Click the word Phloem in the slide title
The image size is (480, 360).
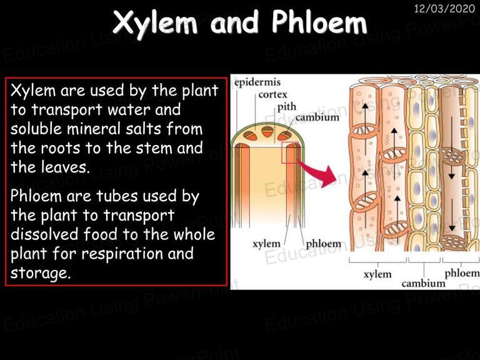click(319, 21)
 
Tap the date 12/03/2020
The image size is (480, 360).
click(444, 8)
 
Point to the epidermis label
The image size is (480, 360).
click(257, 82)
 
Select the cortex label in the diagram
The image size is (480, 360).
click(272, 94)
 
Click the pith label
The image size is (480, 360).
click(287, 107)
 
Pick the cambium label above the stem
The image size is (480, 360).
click(317, 117)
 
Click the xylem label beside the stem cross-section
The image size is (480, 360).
click(266, 244)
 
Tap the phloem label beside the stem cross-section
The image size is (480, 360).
click(324, 244)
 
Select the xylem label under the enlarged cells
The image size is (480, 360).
click(377, 274)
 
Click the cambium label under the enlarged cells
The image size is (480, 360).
click(423, 284)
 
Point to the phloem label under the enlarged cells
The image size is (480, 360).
click(462, 273)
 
